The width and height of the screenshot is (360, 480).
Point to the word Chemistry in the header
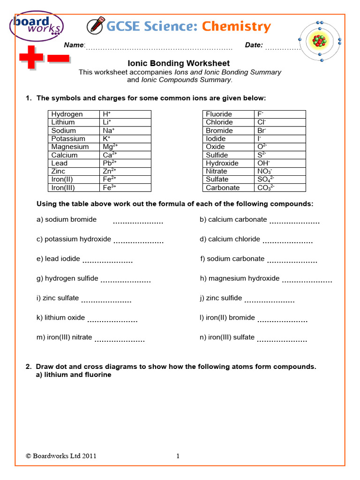(x=236, y=27)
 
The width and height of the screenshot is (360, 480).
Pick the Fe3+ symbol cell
(x=126, y=187)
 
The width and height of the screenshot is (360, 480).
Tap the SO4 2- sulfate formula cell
(x=279, y=180)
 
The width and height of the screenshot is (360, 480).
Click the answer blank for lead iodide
(x=107, y=262)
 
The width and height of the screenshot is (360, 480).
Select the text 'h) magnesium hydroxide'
(x=240, y=278)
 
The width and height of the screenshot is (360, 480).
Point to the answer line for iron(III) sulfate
(x=282, y=340)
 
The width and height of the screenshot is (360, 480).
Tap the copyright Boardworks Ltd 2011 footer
(x=61, y=456)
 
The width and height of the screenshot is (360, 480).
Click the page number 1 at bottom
(x=178, y=456)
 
